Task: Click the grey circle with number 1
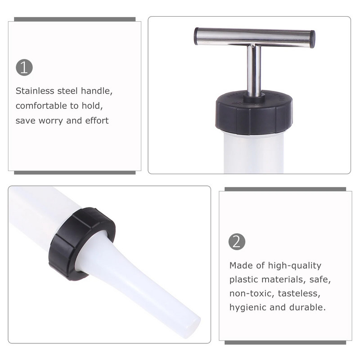pos(24,67)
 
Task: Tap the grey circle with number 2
pos(237,242)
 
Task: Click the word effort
pos(97,120)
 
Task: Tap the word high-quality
pos(295,265)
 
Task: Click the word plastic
pos(244,279)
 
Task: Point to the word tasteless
pos(299,294)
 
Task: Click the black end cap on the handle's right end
pos(312,40)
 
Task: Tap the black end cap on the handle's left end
pos(196,36)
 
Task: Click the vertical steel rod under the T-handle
pos(254,70)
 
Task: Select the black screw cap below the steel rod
pos(254,112)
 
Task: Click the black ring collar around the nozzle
pos(81,244)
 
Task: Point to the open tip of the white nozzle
pos(192,327)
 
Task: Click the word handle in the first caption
pos(97,91)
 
